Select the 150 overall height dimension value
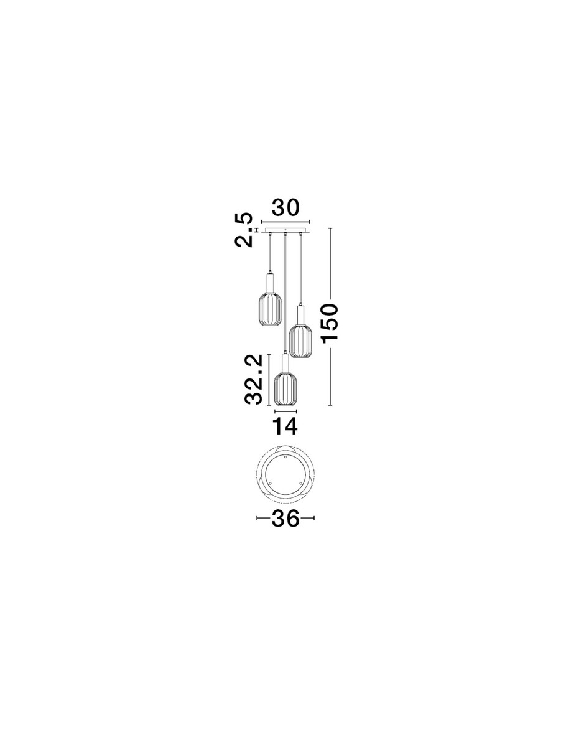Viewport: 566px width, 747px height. coord(330,322)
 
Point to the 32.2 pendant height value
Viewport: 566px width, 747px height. coord(254,379)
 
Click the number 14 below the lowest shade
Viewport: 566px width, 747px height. coord(285,426)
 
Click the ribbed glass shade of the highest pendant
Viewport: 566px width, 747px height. coord(270,308)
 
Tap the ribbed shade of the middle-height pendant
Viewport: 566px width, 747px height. coord(300,341)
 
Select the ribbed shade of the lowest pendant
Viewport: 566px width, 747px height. coord(285,389)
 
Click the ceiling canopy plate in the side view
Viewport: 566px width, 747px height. coord(285,230)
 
